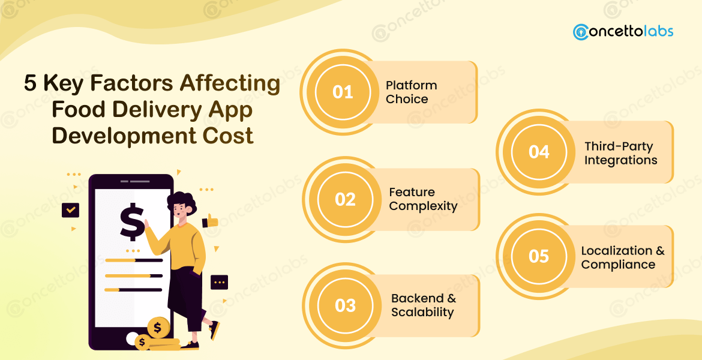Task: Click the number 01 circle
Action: coord(343,92)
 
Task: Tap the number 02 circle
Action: coord(345,199)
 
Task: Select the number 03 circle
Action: coord(345,305)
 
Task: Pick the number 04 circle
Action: coord(539,152)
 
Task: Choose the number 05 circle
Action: coord(539,256)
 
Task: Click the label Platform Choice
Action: coord(411,92)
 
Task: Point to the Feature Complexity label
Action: coord(423,199)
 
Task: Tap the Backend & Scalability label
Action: coord(423,305)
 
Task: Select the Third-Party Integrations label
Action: coord(620,153)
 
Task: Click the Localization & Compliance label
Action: coord(622,257)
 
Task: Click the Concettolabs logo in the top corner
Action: coord(623,31)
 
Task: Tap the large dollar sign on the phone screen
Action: coord(132,221)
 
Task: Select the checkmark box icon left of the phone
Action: coord(71,210)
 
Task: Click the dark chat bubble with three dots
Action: coord(219,281)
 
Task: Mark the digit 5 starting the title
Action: coord(30,84)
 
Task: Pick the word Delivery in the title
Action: coord(159,110)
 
